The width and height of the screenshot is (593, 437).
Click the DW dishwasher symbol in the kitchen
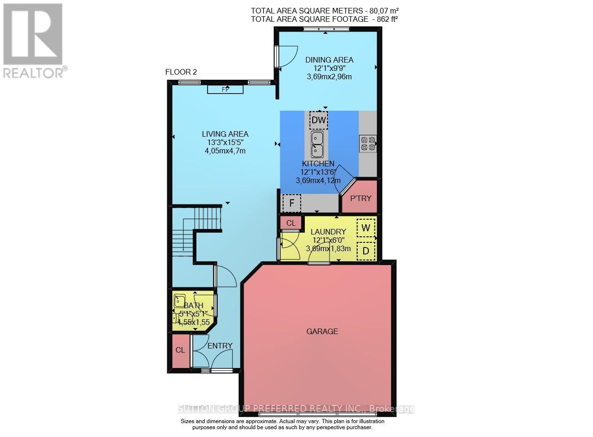click(x=318, y=120)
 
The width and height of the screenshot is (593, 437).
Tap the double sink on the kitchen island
click(x=317, y=144)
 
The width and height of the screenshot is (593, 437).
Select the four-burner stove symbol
click(x=368, y=143)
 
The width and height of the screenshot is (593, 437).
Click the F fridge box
click(x=291, y=203)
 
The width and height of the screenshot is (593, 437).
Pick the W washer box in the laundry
click(x=366, y=228)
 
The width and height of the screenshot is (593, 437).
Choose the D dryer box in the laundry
click(x=366, y=251)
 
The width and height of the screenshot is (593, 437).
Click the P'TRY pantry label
click(x=360, y=198)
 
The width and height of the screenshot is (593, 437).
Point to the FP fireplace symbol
click(x=225, y=89)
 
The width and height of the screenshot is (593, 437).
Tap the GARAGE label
click(x=322, y=331)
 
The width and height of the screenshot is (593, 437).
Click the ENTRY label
click(x=220, y=346)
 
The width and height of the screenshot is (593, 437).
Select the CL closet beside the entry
click(x=180, y=350)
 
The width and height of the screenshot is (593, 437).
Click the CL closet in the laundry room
click(x=291, y=223)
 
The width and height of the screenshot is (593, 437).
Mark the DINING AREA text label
click(x=329, y=60)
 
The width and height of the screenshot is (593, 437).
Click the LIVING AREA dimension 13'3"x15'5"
click(x=225, y=143)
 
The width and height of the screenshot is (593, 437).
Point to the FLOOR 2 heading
click(x=181, y=72)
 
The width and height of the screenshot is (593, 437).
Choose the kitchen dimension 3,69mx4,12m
click(x=318, y=180)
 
